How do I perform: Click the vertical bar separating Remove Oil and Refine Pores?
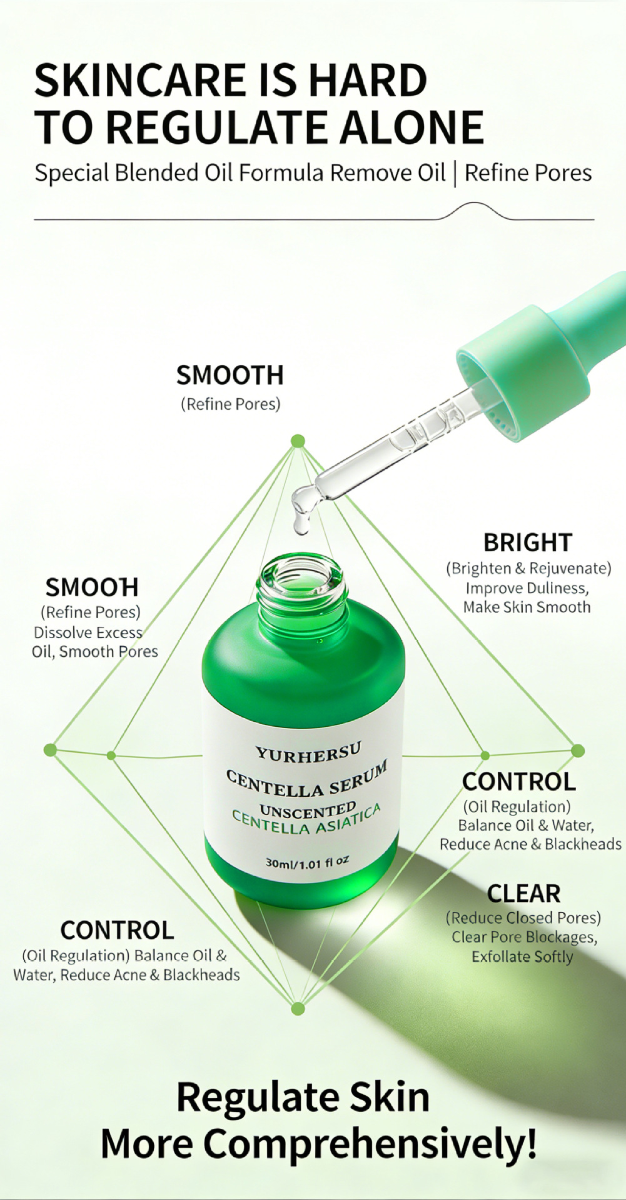click(x=455, y=174)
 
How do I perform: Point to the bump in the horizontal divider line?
click(x=475, y=205)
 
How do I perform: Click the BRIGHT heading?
click(x=528, y=542)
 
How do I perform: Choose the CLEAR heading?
click(x=523, y=894)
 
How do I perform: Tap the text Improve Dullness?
click(x=527, y=588)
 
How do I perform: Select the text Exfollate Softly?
click(x=522, y=957)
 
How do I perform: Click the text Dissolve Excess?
click(x=88, y=632)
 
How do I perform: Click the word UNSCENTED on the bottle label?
click(x=308, y=811)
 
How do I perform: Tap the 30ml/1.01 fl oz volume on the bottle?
click(x=307, y=862)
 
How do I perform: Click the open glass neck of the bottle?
click(x=301, y=584)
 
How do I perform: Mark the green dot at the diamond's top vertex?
click(x=298, y=441)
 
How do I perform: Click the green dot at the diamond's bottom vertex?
click(x=298, y=1008)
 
